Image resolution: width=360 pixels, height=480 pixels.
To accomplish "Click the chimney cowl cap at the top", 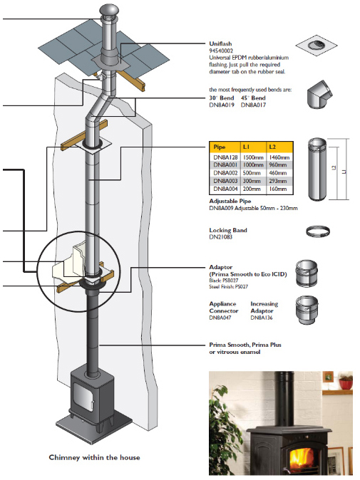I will click(108, 9).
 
